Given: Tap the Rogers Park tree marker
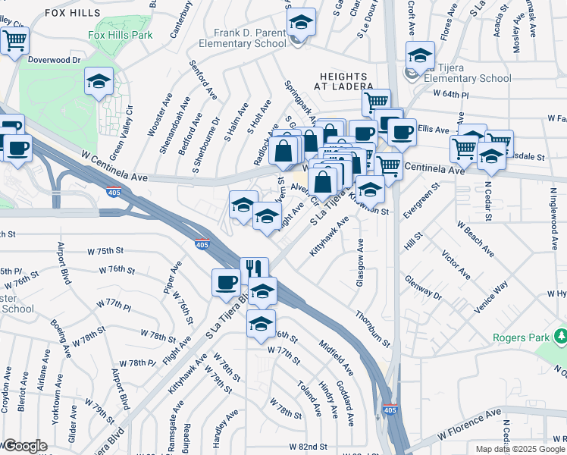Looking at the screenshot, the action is [561, 335].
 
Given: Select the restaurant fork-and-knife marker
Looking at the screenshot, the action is [255, 268].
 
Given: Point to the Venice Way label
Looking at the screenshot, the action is [490, 298].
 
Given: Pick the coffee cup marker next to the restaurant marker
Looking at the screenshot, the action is [226, 282].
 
